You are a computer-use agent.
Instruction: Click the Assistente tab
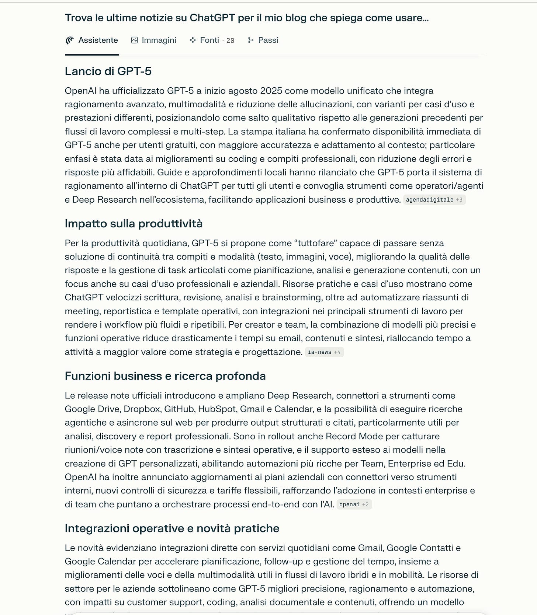pos(92,40)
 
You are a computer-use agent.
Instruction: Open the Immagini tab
pos(154,40)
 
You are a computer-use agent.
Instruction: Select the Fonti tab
pos(209,40)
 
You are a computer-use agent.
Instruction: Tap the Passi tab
pos(263,40)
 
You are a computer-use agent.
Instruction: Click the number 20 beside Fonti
pos(230,41)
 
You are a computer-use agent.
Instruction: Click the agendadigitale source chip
pos(434,200)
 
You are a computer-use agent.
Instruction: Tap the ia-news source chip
pos(324,352)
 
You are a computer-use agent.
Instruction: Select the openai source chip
pos(354,504)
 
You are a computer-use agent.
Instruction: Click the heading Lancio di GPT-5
pos(108,71)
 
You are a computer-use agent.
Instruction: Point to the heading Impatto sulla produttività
pos(134,224)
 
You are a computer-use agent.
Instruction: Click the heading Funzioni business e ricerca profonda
pos(165,376)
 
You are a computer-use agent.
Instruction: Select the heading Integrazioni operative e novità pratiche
pos(172,528)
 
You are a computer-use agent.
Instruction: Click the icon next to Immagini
pos(134,40)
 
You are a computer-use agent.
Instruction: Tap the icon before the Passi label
pos(251,40)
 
